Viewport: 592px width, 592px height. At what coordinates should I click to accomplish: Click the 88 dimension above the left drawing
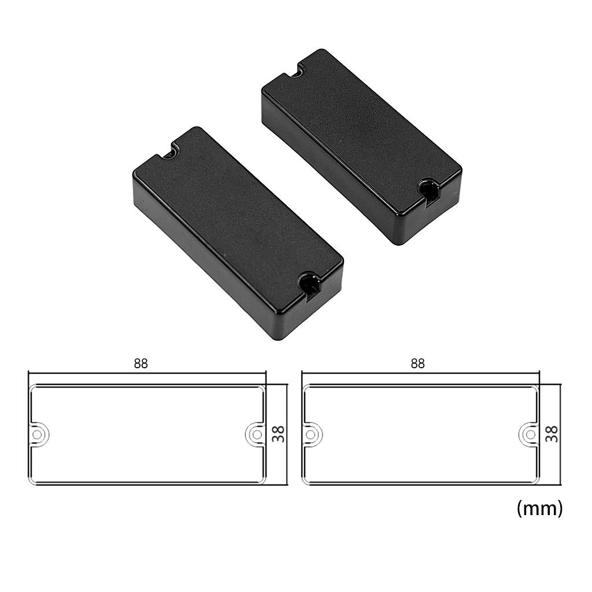pyautogui.click(x=140, y=364)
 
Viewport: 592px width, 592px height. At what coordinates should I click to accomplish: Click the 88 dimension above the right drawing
pyautogui.click(x=417, y=364)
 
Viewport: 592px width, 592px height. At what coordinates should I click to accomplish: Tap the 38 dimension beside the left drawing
pyautogui.click(x=279, y=434)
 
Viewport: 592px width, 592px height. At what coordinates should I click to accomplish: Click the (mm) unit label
pyautogui.click(x=539, y=508)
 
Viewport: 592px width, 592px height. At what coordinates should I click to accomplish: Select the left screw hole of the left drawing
pyautogui.click(x=38, y=434)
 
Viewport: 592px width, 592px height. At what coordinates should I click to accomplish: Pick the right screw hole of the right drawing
pyautogui.click(x=528, y=434)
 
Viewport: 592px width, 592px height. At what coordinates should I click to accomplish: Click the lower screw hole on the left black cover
pyautogui.click(x=309, y=283)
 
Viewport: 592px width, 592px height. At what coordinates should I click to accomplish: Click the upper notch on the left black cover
pyautogui.click(x=170, y=153)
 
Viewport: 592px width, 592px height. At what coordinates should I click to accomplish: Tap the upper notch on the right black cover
pyautogui.click(x=297, y=72)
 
